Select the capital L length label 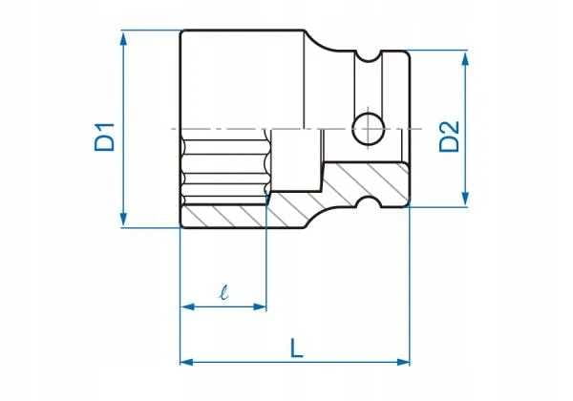[x=297, y=348]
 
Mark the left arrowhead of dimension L [x=187, y=362]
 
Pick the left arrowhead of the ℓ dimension [x=187, y=306]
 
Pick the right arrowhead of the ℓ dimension [x=260, y=306]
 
